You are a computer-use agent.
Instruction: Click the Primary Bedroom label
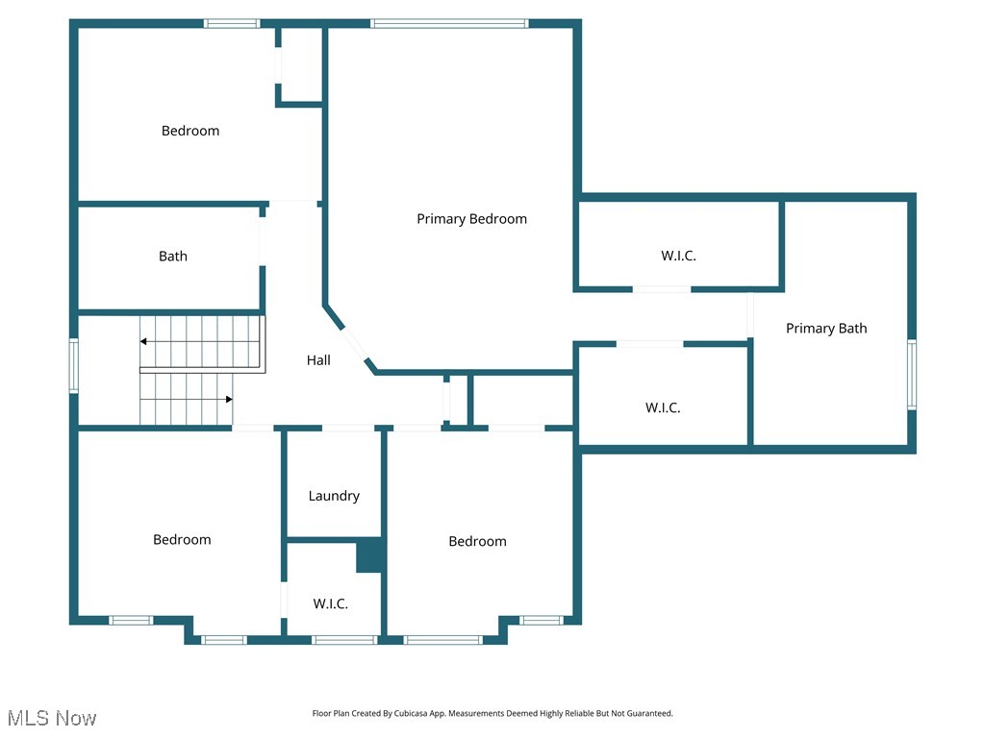coord(471,219)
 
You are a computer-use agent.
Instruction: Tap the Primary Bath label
coord(826,329)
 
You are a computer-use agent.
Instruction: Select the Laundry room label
coord(334,496)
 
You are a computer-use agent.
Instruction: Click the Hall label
coord(318,360)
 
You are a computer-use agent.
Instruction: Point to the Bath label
coord(173,257)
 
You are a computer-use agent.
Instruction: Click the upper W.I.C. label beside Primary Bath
coord(678,256)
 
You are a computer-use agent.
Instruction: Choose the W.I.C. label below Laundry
coord(330,604)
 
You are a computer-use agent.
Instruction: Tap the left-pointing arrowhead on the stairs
coord(143,341)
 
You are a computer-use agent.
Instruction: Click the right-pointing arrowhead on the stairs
coord(228,399)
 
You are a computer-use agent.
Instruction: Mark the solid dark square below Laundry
coord(370,555)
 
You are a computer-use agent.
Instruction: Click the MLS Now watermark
coord(52,718)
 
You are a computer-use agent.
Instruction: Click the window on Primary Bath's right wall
coord(912,375)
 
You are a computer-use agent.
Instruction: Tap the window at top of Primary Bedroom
coord(449,23)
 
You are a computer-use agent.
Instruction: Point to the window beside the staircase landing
coord(73,365)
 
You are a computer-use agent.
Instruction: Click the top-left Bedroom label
coord(190,131)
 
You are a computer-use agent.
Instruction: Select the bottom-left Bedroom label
coord(182,540)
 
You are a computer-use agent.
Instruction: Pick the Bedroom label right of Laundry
coord(477,542)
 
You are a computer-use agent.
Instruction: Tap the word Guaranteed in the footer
coord(647,714)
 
